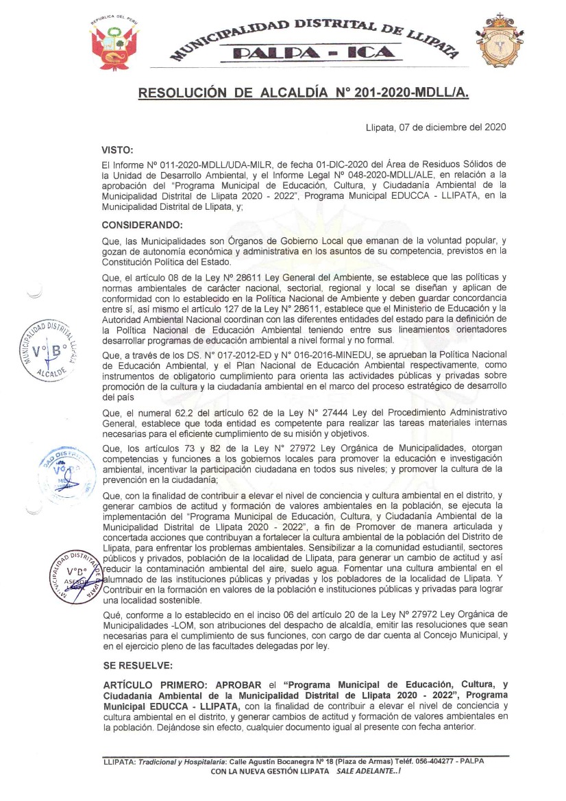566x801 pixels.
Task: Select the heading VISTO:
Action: pyautogui.click(x=117, y=150)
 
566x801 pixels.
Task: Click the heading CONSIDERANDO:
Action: pyautogui.click(x=142, y=225)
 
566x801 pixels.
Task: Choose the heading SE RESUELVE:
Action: pyautogui.click(x=137, y=666)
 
